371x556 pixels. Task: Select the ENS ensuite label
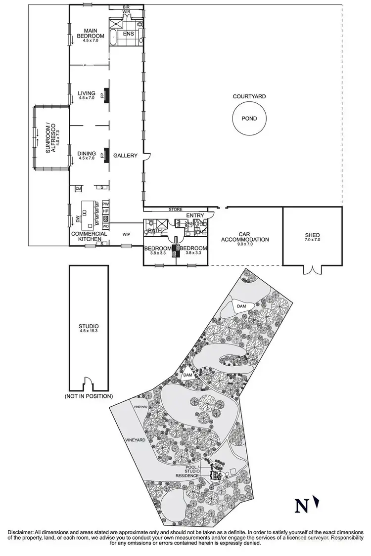point(128,34)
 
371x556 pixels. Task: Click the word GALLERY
point(125,156)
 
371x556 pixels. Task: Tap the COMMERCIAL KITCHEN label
point(89,237)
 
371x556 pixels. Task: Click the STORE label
point(175,210)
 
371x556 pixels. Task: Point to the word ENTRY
point(195,215)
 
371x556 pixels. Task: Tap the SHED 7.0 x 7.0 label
point(312,237)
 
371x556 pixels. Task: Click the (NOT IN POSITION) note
point(89,396)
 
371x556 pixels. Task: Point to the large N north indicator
point(300,506)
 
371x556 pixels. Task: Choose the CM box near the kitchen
point(78,188)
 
